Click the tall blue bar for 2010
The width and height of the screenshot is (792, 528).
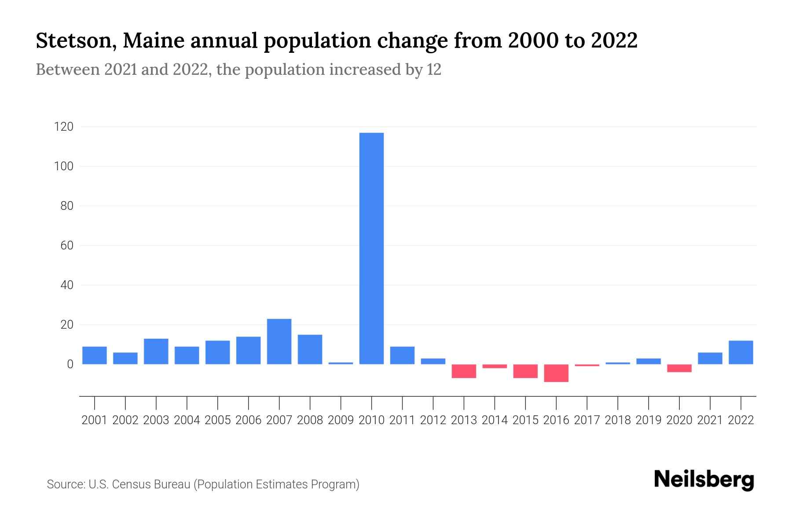click(x=371, y=248)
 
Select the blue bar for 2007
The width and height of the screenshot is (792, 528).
click(x=279, y=341)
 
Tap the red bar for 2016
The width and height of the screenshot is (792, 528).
click(x=556, y=373)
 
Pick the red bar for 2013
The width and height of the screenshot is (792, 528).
click(x=464, y=371)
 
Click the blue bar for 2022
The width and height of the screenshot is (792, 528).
click(x=741, y=352)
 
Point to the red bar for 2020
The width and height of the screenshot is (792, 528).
click(x=679, y=368)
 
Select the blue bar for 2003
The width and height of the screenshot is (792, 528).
click(x=156, y=351)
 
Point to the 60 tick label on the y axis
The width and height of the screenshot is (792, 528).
click(x=66, y=246)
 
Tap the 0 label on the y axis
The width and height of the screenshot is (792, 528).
click(x=70, y=364)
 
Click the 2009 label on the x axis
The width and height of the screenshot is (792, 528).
click(x=341, y=420)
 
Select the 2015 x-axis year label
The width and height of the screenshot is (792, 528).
click(x=525, y=420)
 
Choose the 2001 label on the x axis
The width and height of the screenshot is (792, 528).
click(x=95, y=420)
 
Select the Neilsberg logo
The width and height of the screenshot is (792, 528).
click(x=704, y=480)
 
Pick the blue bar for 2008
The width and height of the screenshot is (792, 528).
click(x=310, y=349)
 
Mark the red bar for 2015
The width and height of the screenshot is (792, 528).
click(x=525, y=371)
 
